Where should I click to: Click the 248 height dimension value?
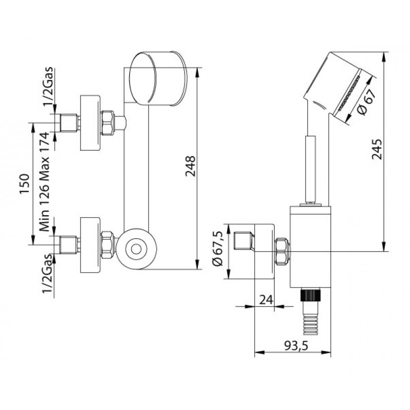[190, 166]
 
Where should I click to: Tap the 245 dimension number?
[377, 149]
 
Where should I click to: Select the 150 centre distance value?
[25, 183]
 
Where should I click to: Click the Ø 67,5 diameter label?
[217, 249]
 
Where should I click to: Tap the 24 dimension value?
[266, 300]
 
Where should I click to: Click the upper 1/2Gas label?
[48, 86]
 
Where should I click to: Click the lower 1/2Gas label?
[47, 274]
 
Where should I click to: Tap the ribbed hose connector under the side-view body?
[311, 311]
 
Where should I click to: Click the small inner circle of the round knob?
[136, 249]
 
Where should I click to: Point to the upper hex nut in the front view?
[108, 123]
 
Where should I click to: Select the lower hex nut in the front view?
[108, 244]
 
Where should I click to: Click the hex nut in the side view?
[282, 251]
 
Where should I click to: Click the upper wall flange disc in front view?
[90, 123]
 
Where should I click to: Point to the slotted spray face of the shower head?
[350, 93]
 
